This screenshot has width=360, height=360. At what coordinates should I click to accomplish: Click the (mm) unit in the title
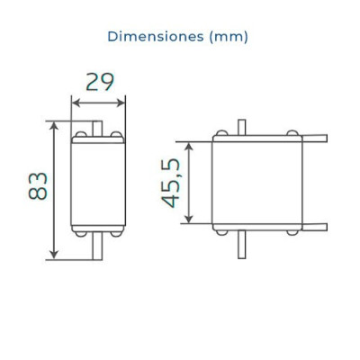pos(228,37)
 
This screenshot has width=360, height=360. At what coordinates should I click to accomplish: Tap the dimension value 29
pos(99,82)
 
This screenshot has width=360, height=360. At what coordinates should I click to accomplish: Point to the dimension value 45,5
pos(171,183)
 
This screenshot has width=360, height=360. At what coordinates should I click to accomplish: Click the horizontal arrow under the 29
pos(99,102)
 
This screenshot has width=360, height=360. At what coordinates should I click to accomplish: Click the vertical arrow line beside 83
pos(56,189)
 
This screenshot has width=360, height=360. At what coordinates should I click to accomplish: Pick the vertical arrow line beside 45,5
pos(189,183)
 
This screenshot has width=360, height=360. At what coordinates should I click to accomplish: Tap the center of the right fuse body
pos(257,183)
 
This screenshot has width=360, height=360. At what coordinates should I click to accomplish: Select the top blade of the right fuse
pos(241,126)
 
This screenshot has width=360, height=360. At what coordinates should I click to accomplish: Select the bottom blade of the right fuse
pos(241,246)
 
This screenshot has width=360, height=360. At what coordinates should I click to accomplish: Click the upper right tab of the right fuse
pos(315,139)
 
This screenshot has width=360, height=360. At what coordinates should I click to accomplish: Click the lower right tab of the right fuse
pos(315,226)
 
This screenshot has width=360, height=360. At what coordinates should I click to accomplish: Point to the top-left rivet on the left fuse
pos(82,135)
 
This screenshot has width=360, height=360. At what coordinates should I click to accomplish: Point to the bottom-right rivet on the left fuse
pos(116,232)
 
